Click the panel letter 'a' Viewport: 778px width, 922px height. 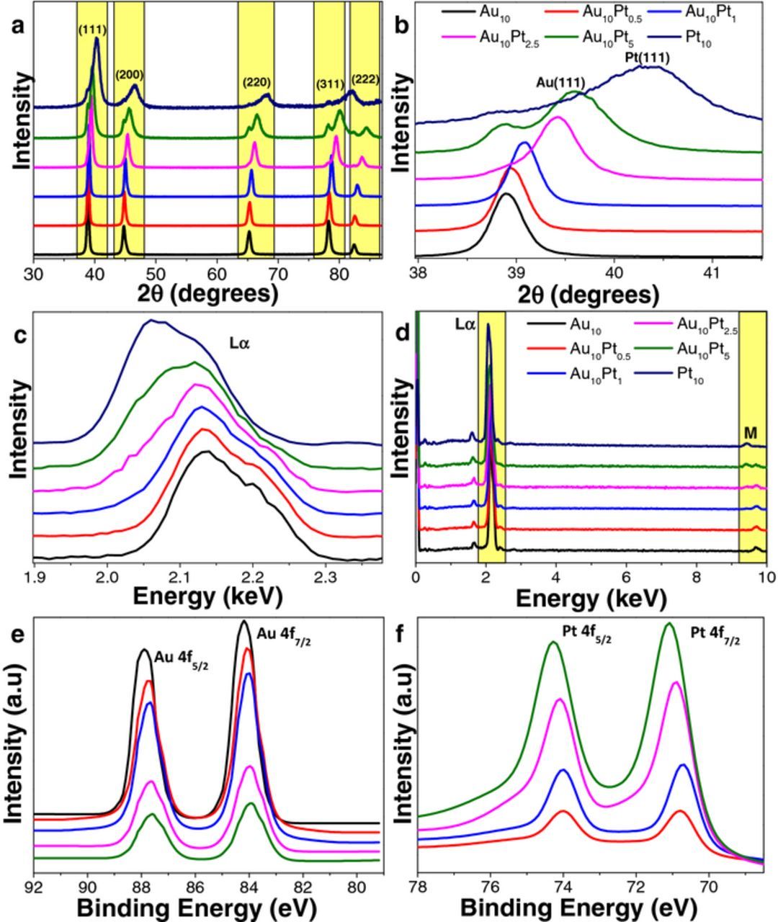pos(18,25)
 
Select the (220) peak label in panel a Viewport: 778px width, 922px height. pos(256,82)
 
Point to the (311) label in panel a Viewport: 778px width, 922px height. pos(330,85)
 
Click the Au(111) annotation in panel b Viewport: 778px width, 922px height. pos(560,82)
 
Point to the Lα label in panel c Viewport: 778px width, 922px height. pos(239,344)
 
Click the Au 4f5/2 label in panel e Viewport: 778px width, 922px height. pos(180,656)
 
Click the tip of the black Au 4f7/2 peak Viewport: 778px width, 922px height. pos(245,621)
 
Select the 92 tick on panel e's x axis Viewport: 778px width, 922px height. pos(34,885)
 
